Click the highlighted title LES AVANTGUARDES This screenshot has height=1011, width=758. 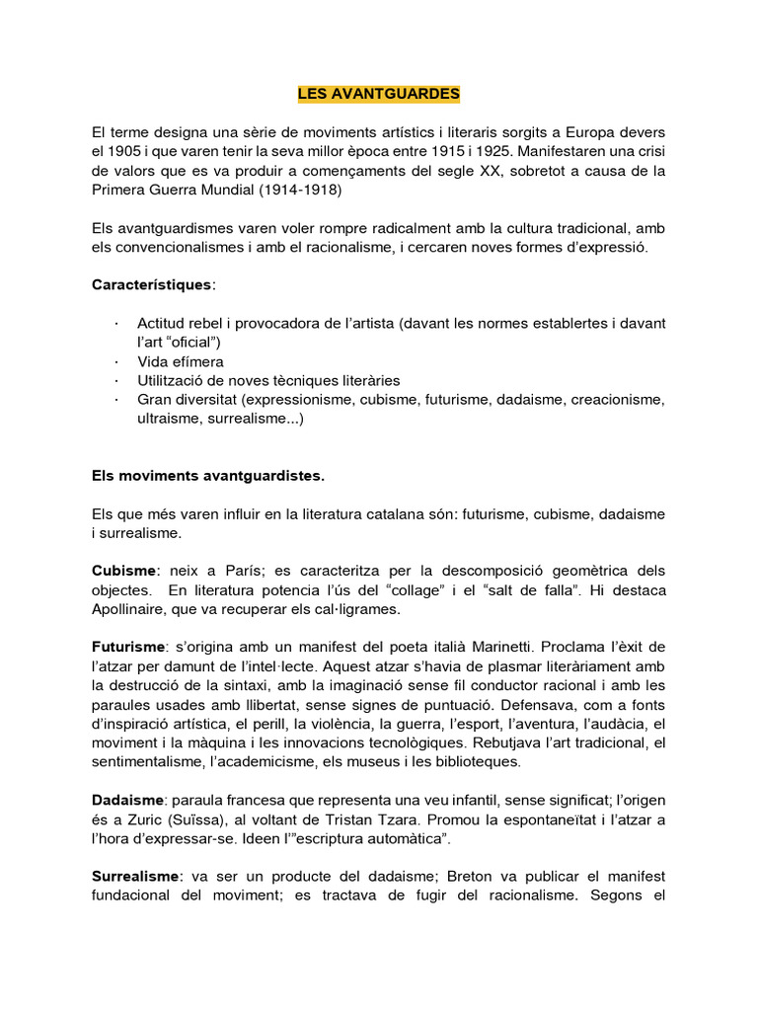tap(379, 94)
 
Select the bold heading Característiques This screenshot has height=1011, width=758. tap(151, 284)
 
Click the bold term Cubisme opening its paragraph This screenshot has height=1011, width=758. tap(123, 571)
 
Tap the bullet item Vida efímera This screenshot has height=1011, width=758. tap(181, 361)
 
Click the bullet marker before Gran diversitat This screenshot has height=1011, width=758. tap(116, 400)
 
